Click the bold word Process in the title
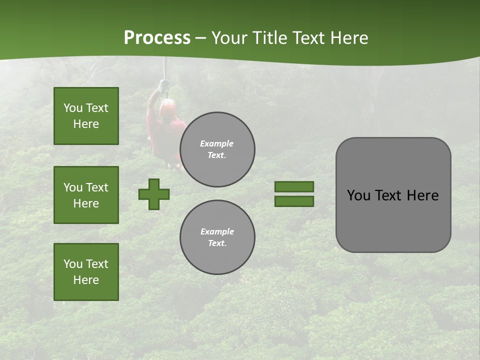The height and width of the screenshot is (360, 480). coord(157,38)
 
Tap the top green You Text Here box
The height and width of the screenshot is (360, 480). coord(86,116)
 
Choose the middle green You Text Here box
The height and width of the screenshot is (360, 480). coord(86,195)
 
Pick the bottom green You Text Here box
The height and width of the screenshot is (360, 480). coord(86,272)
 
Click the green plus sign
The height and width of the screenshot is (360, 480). coord(154,194)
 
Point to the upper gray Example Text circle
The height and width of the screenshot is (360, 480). coord(217,149)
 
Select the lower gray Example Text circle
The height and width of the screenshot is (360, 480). coord(217,237)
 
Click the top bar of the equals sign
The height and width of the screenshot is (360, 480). coord(294,186)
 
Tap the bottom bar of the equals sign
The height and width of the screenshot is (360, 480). coord(294,201)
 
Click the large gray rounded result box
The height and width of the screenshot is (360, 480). coord(393,195)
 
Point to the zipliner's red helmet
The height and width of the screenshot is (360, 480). coord(167,105)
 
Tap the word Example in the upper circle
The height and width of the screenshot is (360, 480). coord(217,143)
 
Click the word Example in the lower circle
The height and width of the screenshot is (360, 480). coord(217,231)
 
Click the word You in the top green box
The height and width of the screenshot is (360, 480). coord(72,108)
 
